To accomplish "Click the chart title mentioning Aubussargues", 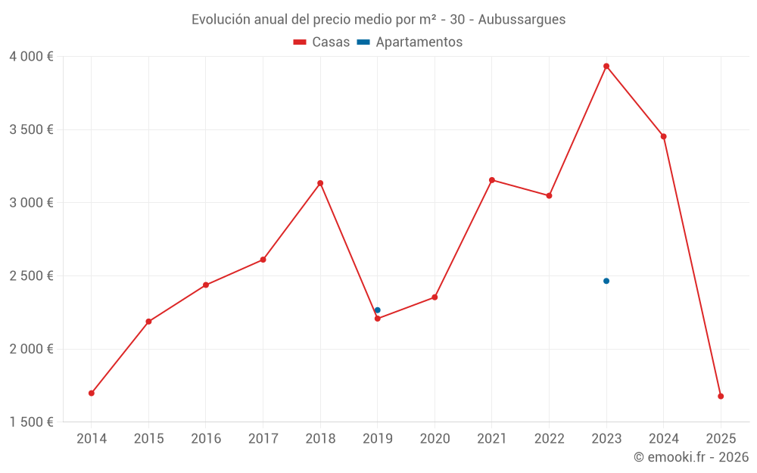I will coord(378,20).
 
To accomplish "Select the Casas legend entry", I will coord(322,42).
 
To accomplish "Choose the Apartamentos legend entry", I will coord(410,42).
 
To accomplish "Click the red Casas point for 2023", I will coord(606,67).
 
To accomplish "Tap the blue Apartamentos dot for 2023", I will coord(606,281).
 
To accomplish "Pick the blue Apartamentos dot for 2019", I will coord(378,310).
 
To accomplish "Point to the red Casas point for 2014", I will coord(92,394).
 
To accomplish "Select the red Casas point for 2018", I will coord(320,183).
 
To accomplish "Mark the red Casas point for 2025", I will coord(721,397).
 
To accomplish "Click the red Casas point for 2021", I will coord(492,180).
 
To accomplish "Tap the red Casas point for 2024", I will coord(664,137).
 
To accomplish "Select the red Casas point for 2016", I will coord(206,285).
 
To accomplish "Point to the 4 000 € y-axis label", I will coord(31,57).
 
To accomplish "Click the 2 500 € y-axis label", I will coord(31,276).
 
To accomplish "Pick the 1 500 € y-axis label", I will coord(31,422).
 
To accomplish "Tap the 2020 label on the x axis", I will coord(435,439).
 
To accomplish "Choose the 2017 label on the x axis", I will coord(263,439).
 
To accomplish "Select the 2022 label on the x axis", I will coord(549,439).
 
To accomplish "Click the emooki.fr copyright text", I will coord(690,457).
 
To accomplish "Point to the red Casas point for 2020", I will coord(435,297).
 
